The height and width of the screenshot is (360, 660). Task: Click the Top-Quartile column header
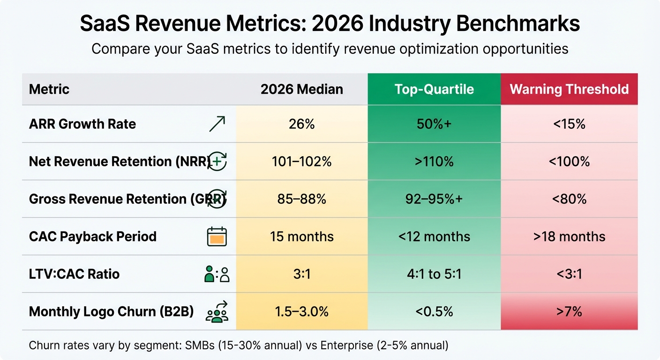coord(434,89)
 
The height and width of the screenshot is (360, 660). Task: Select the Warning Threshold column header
coord(569,89)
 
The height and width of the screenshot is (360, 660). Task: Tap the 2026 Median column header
coord(302,89)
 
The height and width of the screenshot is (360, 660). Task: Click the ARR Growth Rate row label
coord(82,124)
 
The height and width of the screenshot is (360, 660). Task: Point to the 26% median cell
coord(302,124)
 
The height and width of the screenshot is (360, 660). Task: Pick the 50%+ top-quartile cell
coord(434,124)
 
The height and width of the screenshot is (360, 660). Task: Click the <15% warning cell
coord(569,124)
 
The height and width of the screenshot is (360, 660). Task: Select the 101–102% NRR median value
coord(302,162)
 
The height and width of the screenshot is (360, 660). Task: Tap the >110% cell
coord(434,162)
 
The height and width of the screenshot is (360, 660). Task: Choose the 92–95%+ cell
coord(434,199)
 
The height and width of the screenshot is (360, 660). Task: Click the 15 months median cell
coord(302,237)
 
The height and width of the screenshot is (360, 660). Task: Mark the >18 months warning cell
coord(569,237)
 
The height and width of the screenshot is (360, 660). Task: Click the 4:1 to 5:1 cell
coord(434,274)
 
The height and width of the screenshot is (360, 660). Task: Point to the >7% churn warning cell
coord(569,312)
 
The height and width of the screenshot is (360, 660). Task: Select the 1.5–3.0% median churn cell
coord(302,312)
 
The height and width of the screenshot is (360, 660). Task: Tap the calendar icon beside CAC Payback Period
coord(217,237)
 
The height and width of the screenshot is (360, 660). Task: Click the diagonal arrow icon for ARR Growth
coord(217,124)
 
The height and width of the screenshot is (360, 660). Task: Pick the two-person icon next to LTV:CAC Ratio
coord(217,274)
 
